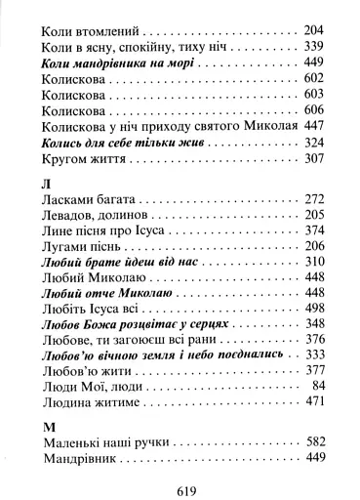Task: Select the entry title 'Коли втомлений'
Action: point(90,29)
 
